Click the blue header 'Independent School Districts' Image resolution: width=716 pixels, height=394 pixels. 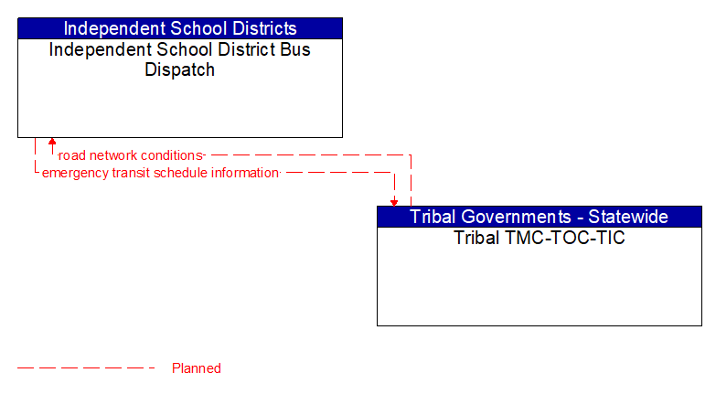(x=180, y=28)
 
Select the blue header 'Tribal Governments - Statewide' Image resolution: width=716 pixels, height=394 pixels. (x=539, y=217)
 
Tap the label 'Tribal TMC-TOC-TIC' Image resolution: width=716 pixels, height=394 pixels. (x=539, y=238)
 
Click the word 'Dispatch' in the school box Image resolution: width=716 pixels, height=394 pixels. (x=180, y=70)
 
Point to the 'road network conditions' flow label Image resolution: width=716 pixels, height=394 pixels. (x=130, y=155)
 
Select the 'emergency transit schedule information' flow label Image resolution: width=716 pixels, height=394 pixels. (x=160, y=172)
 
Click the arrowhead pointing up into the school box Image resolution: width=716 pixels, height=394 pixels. (x=52, y=143)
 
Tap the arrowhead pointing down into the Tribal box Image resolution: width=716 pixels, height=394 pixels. (x=394, y=201)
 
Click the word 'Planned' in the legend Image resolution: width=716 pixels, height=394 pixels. (x=197, y=368)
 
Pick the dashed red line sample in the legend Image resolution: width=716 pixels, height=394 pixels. (x=87, y=368)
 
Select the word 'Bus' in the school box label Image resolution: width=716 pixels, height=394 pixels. (x=294, y=49)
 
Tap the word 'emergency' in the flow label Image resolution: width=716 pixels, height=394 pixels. (x=74, y=172)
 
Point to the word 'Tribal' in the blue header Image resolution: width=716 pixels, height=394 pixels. (x=433, y=217)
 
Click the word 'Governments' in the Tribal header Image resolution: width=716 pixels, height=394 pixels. (x=517, y=217)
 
